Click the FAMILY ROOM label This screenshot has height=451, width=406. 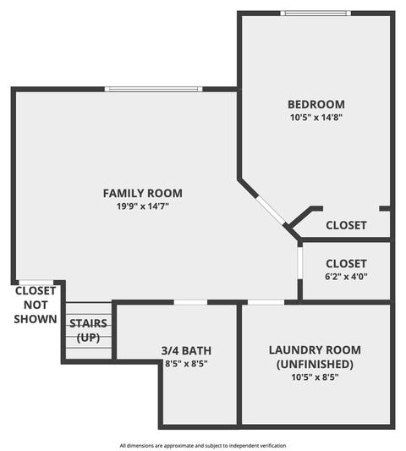[143, 193]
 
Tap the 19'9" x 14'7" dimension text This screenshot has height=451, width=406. [143, 206]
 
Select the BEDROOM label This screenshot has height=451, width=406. [316, 104]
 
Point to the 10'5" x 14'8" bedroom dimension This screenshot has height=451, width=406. [316, 118]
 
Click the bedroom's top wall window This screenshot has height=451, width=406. [315, 14]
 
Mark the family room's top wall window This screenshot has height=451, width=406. [154, 89]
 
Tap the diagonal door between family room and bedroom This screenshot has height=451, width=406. [271, 210]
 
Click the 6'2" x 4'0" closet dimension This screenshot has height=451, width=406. [346, 277]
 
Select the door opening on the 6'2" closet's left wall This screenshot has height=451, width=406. [300, 263]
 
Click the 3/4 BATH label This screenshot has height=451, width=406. [186, 350]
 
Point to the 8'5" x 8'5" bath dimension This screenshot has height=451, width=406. [186, 364]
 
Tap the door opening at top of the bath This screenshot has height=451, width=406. [190, 302]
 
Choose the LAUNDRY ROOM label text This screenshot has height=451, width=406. [315, 350]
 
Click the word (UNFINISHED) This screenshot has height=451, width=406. [315, 364]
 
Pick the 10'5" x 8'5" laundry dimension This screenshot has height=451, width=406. [315, 377]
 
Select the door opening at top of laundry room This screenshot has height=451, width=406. [266, 302]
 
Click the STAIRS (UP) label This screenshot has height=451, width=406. [88, 331]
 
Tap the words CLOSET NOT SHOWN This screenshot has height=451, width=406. [36, 305]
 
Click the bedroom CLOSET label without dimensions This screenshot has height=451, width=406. [346, 225]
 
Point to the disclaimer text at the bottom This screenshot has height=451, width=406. [203, 446]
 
